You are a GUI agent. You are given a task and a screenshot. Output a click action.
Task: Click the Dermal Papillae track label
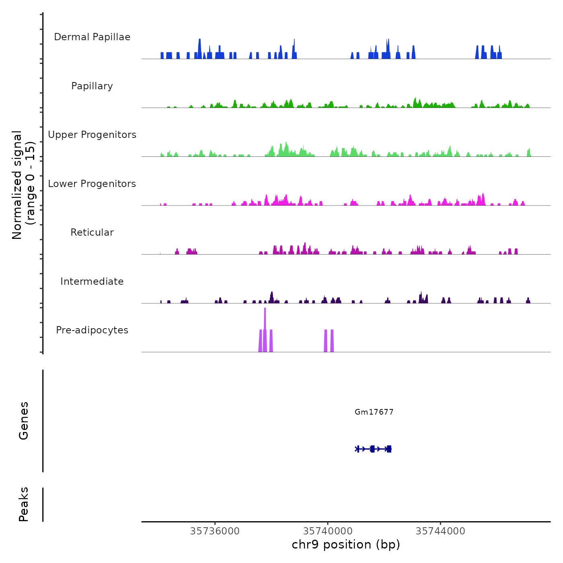click(x=92, y=37)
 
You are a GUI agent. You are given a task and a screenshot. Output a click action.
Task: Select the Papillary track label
click(x=92, y=86)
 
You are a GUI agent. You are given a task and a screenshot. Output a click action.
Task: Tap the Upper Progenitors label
click(x=92, y=135)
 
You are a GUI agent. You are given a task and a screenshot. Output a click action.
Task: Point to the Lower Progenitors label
click(x=92, y=184)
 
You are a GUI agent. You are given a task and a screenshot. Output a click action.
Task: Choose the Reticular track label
click(x=92, y=232)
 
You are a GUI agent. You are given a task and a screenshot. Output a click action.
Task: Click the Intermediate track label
click(x=92, y=281)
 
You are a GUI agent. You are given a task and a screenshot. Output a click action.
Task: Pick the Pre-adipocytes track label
click(x=92, y=330)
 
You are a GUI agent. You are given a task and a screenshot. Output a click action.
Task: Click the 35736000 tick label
click(x=215, y=531)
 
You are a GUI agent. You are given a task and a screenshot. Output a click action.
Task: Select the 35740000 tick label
click(x=327, y=531)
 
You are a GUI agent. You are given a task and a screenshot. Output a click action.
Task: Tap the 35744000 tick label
click(x=440, y=531)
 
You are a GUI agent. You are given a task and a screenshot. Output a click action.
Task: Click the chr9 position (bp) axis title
click(x=346, y=545)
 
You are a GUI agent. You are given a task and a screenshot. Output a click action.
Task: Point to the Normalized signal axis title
click(x=23, y=185)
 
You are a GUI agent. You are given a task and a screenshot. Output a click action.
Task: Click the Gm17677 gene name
click(x=374, y=412)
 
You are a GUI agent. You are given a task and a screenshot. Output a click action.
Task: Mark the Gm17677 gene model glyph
click(x=373, y=449)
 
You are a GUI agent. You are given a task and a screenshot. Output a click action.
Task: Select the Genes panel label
click(x=24, y=421)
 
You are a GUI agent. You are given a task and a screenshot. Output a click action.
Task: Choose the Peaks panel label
click(x=24, y=504)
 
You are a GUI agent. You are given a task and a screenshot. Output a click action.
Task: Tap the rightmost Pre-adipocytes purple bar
click(x=332, y=341)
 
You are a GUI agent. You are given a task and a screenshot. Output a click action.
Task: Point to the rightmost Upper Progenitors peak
click(x=529, y=152)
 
